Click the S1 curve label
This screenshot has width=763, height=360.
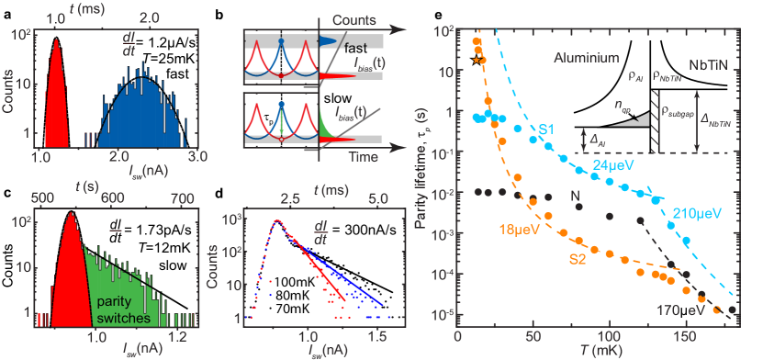click(x=544, y=129)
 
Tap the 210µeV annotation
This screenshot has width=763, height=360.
click(x=693, y=214)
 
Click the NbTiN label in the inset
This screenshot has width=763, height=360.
click(x=708, y=66)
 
